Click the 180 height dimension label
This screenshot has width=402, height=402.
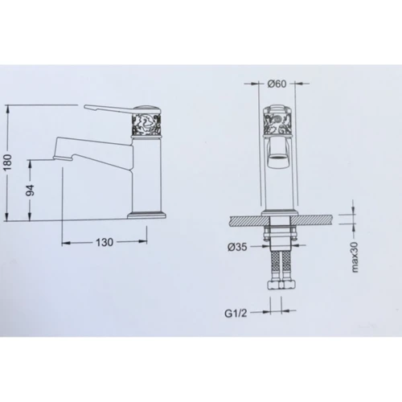(x=9, y=162)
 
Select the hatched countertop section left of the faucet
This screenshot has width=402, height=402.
(x=246, y=218)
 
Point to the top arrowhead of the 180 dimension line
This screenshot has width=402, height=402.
(x=8, y=106)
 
